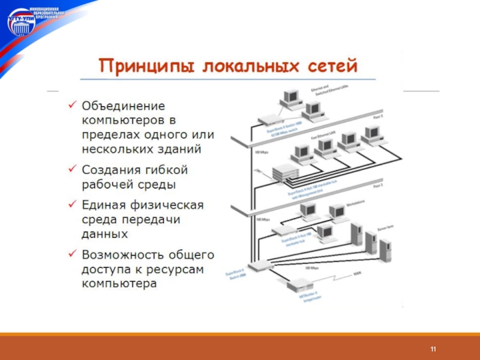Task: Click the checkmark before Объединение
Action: point(71,106)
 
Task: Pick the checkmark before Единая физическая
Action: point(71,206)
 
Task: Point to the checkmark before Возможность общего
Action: point(71,255)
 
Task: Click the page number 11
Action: point(432,349)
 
